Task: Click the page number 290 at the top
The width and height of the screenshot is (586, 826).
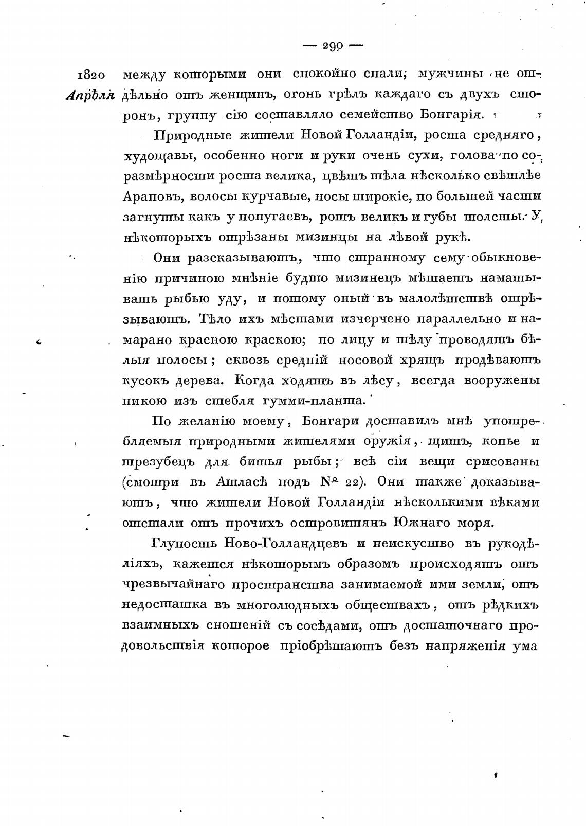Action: click(333, 46)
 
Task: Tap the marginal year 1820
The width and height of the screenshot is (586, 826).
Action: click(91, 75)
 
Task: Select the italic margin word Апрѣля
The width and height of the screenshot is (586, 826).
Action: click(90, 96)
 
